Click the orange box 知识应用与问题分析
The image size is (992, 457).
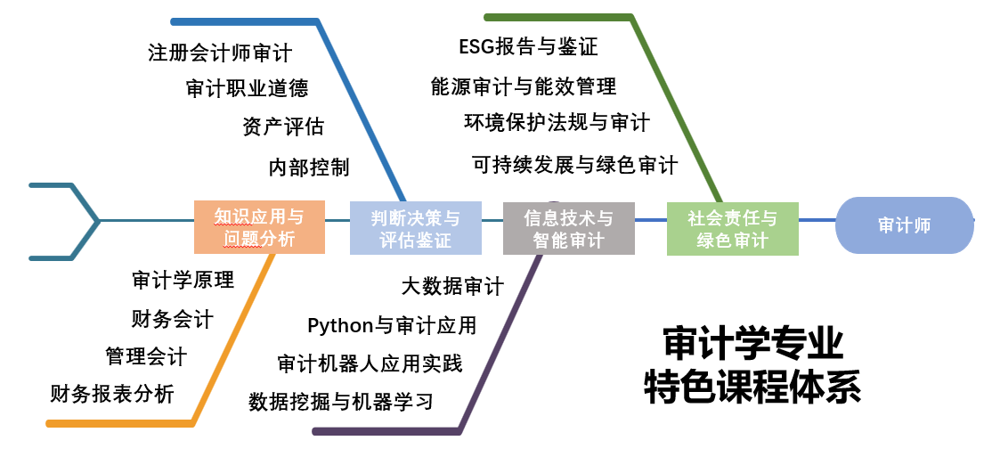click(259, 227)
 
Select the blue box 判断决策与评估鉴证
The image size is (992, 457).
click(415, 227)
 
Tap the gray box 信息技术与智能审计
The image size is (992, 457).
click(568, 228)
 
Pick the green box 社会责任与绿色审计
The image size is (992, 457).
click(732, 228)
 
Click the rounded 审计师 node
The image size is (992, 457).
click(904, 225)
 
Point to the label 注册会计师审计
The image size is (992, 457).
click(220, 53)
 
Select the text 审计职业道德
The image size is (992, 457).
click(247, 88)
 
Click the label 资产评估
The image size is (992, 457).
click(282, 126)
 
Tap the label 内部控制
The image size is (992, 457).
click(309, 167)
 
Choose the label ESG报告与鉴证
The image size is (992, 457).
click(528, 46)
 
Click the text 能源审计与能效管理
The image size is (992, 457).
click(524, 86)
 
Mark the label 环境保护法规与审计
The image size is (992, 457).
click(557, 121)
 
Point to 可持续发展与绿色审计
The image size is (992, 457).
click(574, 164)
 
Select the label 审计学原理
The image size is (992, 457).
click(183, 280)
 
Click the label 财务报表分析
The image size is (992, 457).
click(112, 393)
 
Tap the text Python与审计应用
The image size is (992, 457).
click(392, 325)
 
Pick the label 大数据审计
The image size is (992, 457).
click(452, 286)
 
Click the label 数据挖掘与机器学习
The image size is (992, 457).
click(341, 401)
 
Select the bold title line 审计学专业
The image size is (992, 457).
click(752, 343)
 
